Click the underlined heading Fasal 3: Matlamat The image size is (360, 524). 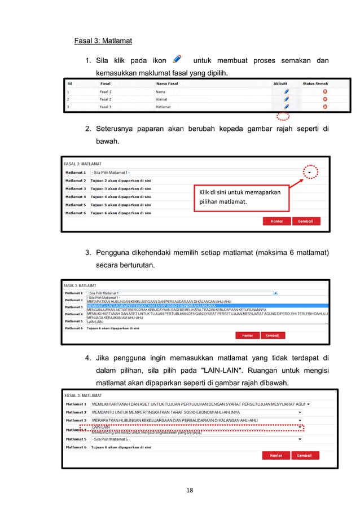pyautogui.click(x=103, y=41)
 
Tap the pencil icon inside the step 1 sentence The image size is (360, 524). pyautogui.click(x=177, y=59)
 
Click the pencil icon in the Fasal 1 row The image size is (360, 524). pyautogui.click(x=286, y=91)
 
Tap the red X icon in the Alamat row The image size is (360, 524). pyautogui.click(x=324, y=99)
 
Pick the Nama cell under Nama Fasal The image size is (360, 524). pyautogui.click(x=161, y=91)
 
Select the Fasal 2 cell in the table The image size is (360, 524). pyautogui.click(x=106, y=99)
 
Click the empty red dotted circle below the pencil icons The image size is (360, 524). pyautogui.click(x=284, y=117)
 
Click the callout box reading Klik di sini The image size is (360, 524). pyautogui.click(x=240, y=199)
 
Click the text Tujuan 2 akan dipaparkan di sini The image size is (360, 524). pyautogui.click(x=121, y=180)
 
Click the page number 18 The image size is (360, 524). pyautogui.click(x=189, y=490)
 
